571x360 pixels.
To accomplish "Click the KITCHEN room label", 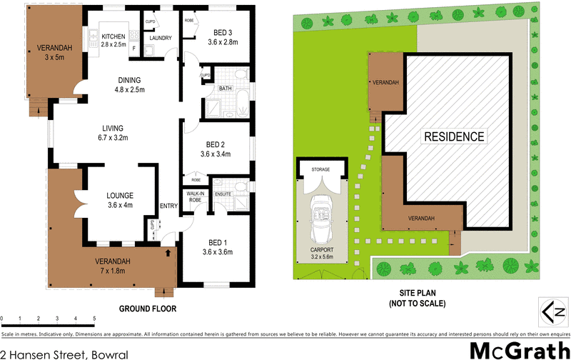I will click(x=113, y=36).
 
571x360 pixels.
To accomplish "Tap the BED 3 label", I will click(x=223, y=32).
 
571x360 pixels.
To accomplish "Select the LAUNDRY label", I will click(x=161, y=38).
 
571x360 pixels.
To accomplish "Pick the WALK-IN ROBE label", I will click(x=194, y=197).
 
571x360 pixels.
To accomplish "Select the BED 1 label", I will click(x=218, y=242).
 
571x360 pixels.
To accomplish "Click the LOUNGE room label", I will click(x=121, y=195).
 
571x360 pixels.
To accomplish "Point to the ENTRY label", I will click(x=169, y=206).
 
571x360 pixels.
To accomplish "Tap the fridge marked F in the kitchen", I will click(x=134, y=48).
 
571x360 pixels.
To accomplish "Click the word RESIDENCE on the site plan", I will click(x=455, y=136).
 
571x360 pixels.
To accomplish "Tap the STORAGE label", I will click(x=320, y=170).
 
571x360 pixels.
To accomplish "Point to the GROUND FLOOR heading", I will click(x=148, y=309).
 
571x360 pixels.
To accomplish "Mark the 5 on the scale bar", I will click(x=94, y=319).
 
